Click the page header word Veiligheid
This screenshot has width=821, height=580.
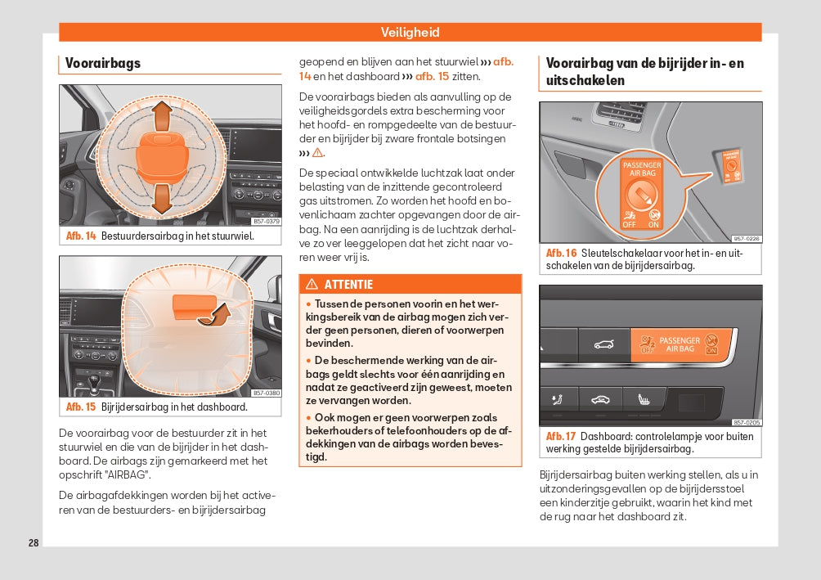tap(410, 33)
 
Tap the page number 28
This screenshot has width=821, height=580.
tap(34, 542)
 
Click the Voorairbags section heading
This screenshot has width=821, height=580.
tap(103, 63)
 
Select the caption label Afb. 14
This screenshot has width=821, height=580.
tap(81, 236)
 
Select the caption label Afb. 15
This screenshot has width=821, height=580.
tap(81, 407)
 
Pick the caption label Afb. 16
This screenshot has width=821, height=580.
tap(561, 254)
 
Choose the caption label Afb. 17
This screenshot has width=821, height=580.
tap(561, 436)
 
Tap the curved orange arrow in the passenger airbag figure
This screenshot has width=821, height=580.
tap(215, 315)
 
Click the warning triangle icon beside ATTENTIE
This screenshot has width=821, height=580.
tap(312, 285)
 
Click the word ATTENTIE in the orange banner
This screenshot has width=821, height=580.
tap(348, 285)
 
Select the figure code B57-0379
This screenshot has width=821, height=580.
tap(266, 221)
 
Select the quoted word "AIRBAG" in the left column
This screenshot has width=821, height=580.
tap(127, 474)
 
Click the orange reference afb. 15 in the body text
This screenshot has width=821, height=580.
tap(433, 76)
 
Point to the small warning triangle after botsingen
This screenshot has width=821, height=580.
tap(318, 153)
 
